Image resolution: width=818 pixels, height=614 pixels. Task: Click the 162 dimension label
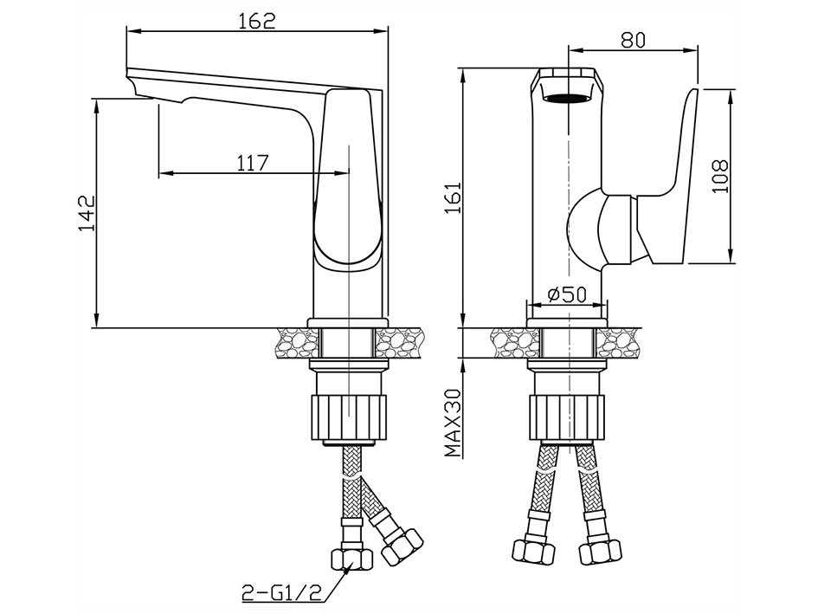(x=257, y=21)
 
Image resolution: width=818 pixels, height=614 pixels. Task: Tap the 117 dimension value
(x=253, y=163)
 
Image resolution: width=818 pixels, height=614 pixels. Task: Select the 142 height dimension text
(x=87, y=213)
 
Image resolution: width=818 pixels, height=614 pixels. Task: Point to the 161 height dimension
(x=453, y=197)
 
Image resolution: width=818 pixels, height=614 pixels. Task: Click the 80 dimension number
(x=633, y=40)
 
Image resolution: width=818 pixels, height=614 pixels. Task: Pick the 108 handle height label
(x=720, y=177)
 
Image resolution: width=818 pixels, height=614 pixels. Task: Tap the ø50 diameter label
(x=568, y=295)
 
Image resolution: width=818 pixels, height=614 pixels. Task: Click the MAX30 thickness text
(x=453, y=423)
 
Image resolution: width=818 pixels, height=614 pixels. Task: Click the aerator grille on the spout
(x=567, y=98)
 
